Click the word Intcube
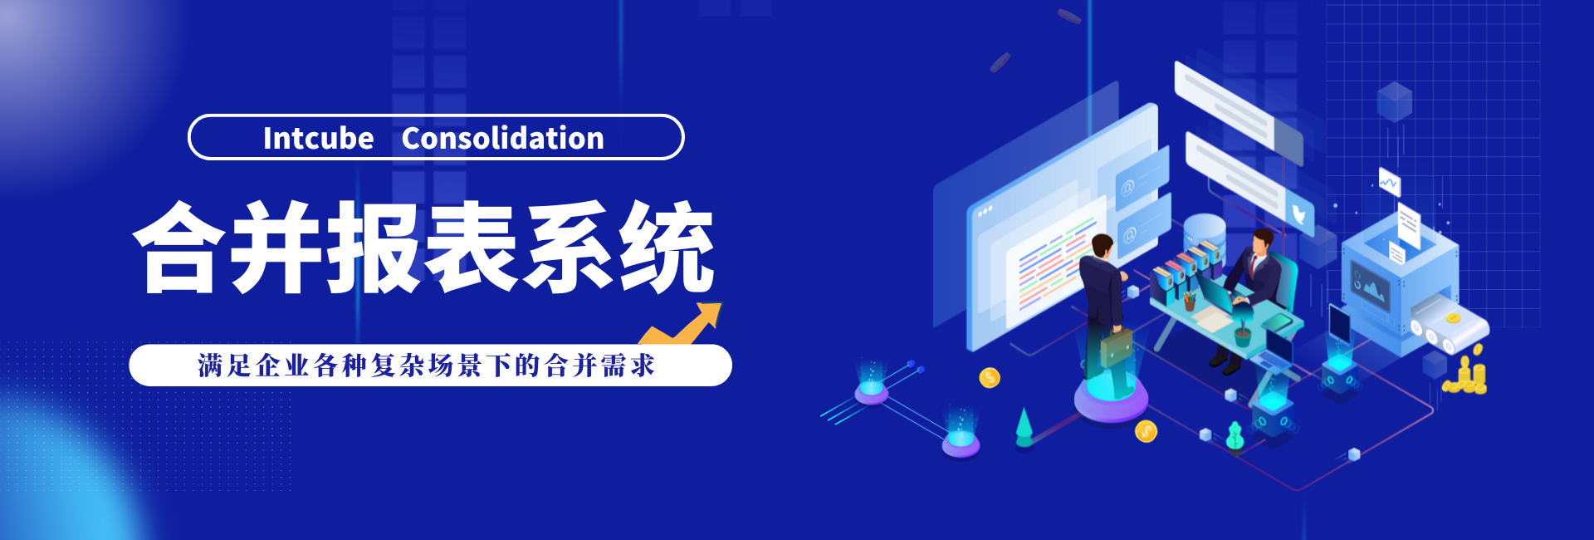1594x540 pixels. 318,138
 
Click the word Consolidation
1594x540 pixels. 502,138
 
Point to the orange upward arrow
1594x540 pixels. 681,324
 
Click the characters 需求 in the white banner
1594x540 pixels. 628,366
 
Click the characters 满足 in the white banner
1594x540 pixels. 225,366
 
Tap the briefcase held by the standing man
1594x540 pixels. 1116,347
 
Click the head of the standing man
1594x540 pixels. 1102,247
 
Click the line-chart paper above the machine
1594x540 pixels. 1389,182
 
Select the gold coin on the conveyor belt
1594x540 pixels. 1453,318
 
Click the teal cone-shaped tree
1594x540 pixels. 1024,426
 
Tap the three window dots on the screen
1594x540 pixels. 985,211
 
